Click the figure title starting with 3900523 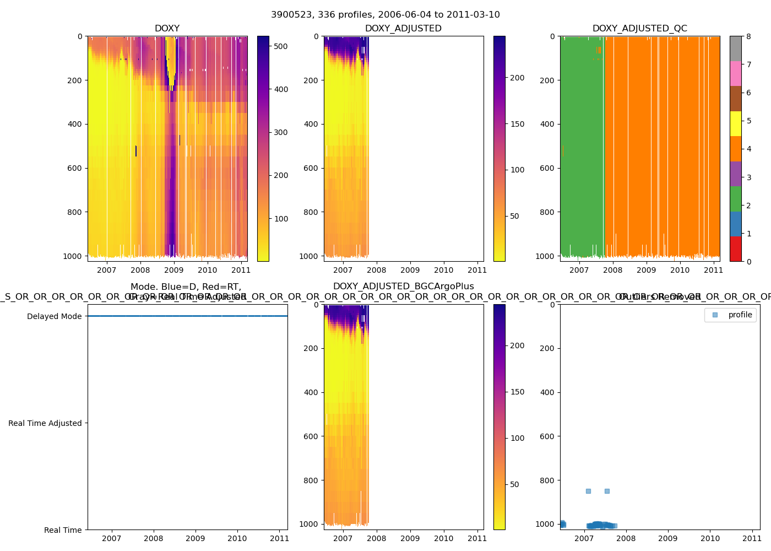(385, 15)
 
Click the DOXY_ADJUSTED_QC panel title (639, 29)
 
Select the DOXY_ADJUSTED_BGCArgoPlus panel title (403, 287)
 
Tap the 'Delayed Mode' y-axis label (54, 316)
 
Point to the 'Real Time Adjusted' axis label (45, 423)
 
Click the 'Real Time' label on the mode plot (63, 530)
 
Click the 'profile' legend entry (740, 315)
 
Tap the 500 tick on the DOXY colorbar (281, 46)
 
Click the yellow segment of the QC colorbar (735, 123)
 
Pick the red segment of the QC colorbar (735, 249)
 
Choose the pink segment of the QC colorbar (735, 73)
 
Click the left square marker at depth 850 (588, 491)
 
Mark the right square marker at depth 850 (607, 491)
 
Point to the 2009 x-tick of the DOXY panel (174, 270)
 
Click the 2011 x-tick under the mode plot (279, 538)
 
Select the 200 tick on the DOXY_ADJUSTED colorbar (517, 78)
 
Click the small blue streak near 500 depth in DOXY (136, 150)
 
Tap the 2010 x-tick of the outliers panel (710, 538)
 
